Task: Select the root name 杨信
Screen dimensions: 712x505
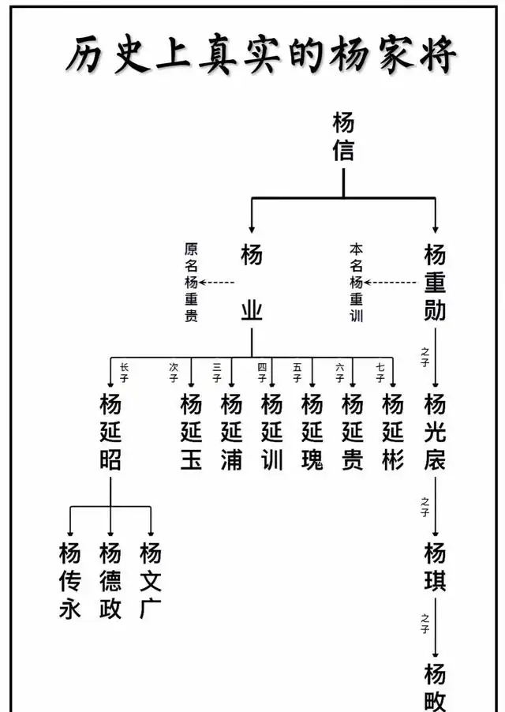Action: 343,137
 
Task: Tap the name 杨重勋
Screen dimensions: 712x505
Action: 435,282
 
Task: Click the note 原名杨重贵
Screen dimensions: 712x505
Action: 191,282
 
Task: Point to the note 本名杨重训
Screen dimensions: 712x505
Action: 356,283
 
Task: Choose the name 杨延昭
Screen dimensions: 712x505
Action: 110,432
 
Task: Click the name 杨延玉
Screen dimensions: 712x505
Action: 191,432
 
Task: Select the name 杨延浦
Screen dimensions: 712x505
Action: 231,432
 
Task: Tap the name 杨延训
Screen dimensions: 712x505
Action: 271,432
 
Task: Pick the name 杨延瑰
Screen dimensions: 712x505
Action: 312,432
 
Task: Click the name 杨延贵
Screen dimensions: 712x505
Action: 353,432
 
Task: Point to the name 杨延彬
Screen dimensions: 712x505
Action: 393,432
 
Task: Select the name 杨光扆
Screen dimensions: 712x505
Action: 435,432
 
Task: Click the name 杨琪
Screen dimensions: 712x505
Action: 435,566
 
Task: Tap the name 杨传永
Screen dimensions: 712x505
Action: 70,580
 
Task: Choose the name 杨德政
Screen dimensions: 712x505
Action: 110,580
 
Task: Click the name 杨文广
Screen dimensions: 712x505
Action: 151,580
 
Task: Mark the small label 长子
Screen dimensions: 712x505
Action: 124,372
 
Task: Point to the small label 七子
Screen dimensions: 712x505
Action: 380,372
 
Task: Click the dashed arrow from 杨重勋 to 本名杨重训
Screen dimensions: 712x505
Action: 390,282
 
